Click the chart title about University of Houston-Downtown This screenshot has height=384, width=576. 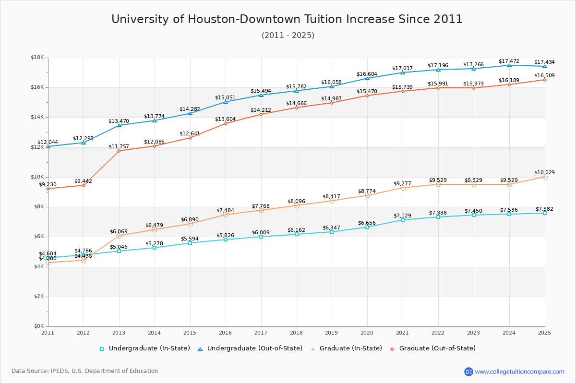point(287,19)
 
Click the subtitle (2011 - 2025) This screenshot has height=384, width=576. point(288,36)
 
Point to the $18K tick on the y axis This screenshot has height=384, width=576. point(37,58)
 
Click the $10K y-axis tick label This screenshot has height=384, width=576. point(37,177)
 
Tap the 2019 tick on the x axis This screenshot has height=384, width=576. point(332,332)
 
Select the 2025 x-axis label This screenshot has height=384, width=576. point(544,332)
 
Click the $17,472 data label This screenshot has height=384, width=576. point(509,61)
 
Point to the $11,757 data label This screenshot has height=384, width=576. point(118,146)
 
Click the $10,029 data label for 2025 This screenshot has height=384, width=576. point(544,172)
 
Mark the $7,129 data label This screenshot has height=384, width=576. point(403,216)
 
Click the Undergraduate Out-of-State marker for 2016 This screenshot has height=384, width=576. point(226,102)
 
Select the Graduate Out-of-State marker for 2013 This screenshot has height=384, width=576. point(119,151)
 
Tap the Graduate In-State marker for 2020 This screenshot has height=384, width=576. point(367,195)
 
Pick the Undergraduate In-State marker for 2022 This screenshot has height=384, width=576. point(438,217)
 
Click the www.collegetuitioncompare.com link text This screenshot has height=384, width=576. point(519,372)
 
